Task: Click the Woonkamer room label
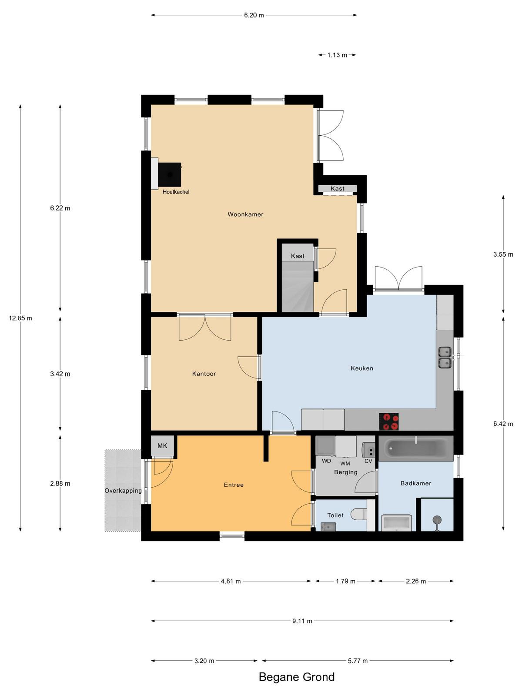click(245, 214)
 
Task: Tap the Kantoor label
click(204, 374)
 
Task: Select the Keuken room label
click(362, 368)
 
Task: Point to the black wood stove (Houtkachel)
click(170, 175)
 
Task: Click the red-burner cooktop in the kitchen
click(389, 422)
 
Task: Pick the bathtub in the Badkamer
click(416, 448)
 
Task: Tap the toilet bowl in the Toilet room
click(359, 514)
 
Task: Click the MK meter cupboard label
click(162, 446)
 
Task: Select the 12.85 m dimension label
click(20, 318)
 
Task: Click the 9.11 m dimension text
click(302, 621)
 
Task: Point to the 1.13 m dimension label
click(337, 55)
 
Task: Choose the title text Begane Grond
click(297, 677)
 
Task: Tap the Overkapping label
click(123, 491)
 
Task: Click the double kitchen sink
click(445, 358)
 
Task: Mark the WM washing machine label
click(345, 464)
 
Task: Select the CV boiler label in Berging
click(368, 461)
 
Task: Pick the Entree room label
click(234, 485)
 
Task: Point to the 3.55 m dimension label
click(503, 254)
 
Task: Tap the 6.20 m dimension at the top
click(254, 15)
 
